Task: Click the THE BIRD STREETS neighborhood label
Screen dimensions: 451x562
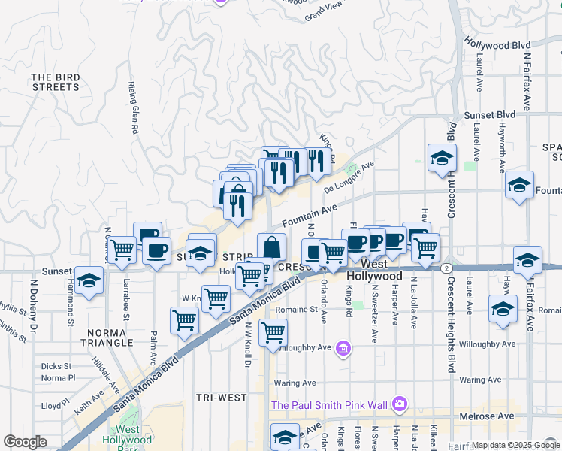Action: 56,82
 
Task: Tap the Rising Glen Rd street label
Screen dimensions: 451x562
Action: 134,108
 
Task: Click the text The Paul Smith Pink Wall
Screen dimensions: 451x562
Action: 329,406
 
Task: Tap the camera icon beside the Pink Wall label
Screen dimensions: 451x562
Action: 400,405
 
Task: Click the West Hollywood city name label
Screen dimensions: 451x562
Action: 375,271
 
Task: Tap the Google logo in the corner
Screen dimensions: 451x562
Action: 25,441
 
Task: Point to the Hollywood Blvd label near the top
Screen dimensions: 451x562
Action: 497,44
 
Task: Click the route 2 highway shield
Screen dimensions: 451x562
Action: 446,268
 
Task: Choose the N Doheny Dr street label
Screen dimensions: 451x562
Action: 33,307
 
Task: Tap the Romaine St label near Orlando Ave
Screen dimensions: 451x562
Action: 295,309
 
